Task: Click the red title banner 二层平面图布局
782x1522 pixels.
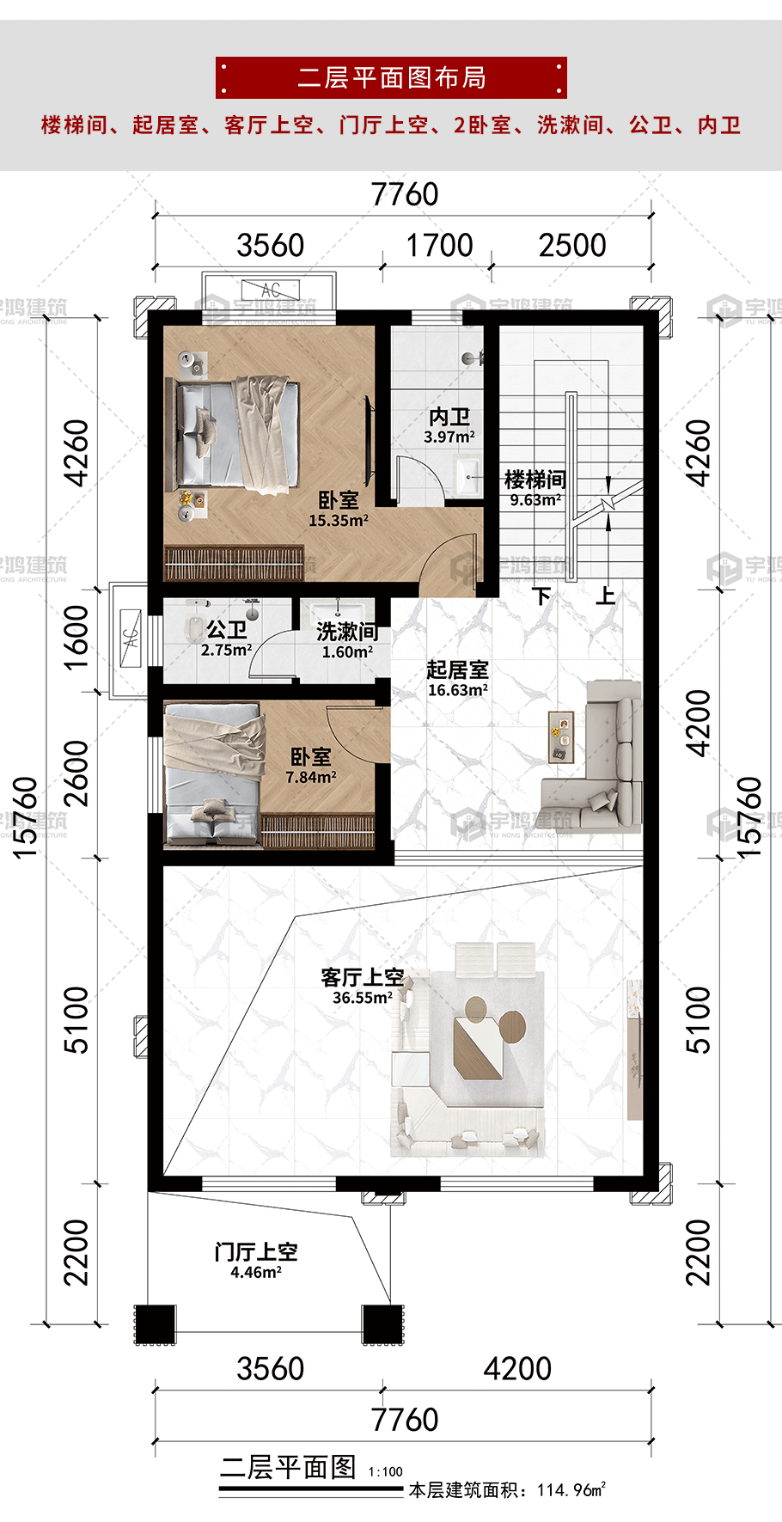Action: (391, 78)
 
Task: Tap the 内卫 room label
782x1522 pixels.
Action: (449, 417)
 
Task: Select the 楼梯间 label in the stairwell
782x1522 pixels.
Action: (535, 480)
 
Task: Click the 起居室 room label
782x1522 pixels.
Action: (457, 669)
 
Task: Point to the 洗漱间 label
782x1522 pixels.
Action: (347, 632)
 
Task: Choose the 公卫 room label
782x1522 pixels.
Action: (226, 630)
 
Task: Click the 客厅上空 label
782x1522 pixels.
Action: (362, 977)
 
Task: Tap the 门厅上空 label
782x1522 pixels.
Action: (256, 1252)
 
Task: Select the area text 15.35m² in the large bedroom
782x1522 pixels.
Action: (339, 521)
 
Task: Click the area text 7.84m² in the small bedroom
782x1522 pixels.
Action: (311, 778)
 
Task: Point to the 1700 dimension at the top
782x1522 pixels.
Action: (439, 246)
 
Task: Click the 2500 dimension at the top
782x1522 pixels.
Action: (572, 246)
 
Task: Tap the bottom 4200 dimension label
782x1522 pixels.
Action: (517, 1368)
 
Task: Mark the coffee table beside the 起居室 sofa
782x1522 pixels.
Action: (561, 737)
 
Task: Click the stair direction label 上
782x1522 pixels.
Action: (606, 595)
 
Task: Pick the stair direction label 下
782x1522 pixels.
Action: (541, 595)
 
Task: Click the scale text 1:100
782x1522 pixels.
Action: (386, 1471)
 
